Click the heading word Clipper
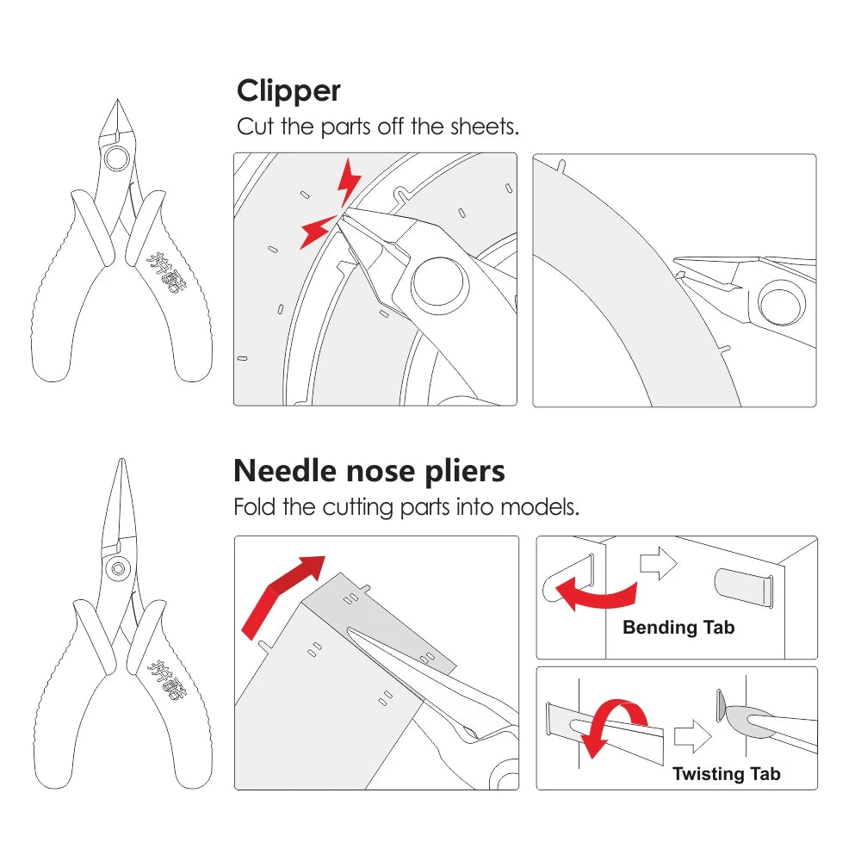point(288,90)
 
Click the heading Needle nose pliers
point(369,471)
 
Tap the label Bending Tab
point(678,628)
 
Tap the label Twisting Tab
point(726,773)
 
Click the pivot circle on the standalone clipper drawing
point(115,158)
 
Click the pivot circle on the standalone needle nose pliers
point(116,568)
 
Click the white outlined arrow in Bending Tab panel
point(659,562)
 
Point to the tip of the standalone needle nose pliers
point(115,462)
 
